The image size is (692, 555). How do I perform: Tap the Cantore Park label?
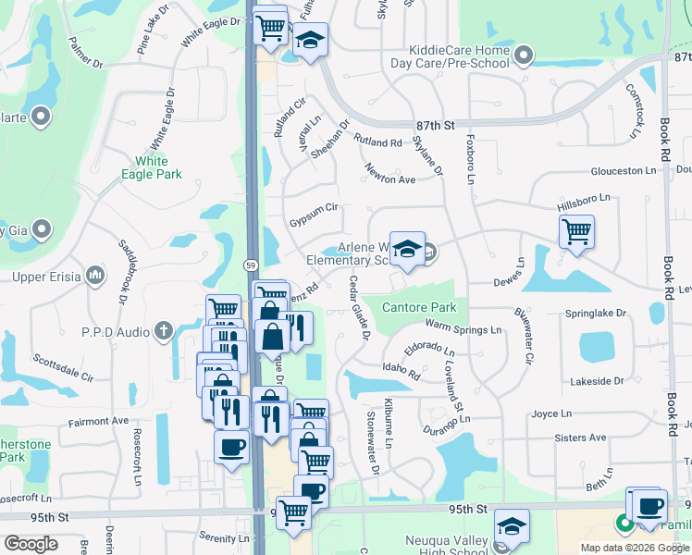tap(420, 307)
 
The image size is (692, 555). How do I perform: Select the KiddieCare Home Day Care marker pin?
tap(524, 56)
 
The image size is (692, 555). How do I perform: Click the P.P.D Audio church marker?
tap(164, 330)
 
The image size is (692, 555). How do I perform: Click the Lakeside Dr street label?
tap(597, 380)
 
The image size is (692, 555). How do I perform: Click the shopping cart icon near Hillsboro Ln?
tap(576, 228)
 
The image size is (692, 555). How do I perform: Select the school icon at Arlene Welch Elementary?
tap(406, 248)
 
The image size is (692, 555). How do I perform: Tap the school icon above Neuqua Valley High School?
tap(512, 525)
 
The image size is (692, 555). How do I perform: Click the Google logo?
tap(31, 543)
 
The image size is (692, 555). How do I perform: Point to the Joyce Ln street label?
tap(552, 413)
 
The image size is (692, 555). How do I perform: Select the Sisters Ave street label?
tap(582, 438)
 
